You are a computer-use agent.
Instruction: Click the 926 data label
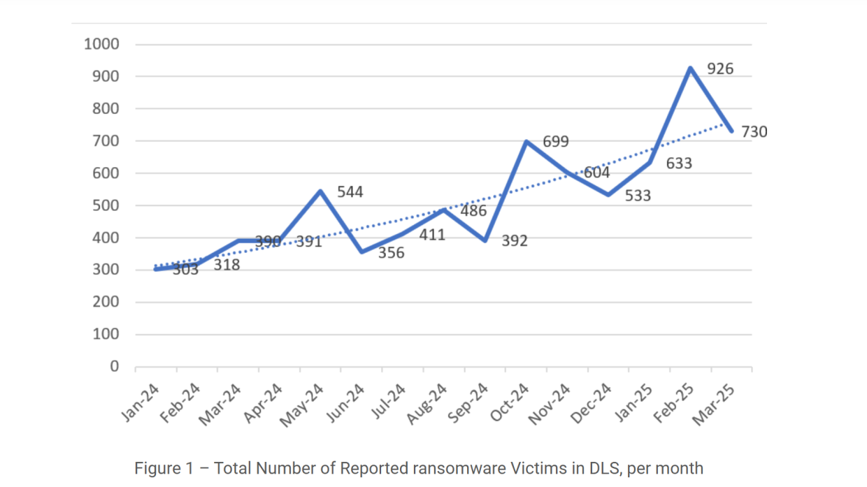720,68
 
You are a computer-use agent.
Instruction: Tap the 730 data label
754,131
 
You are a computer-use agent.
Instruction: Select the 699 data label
556,142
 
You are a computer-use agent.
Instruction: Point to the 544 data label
350,191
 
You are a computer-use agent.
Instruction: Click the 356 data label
391,252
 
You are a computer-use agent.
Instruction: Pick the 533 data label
637,195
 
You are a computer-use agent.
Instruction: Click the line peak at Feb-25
690,68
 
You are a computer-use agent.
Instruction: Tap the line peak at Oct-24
526,141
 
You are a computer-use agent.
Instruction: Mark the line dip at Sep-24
485,240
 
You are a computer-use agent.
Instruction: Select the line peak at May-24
320,191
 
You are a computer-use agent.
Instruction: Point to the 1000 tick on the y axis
101,44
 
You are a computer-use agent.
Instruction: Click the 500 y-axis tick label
106,205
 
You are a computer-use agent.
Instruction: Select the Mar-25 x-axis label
716,402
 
